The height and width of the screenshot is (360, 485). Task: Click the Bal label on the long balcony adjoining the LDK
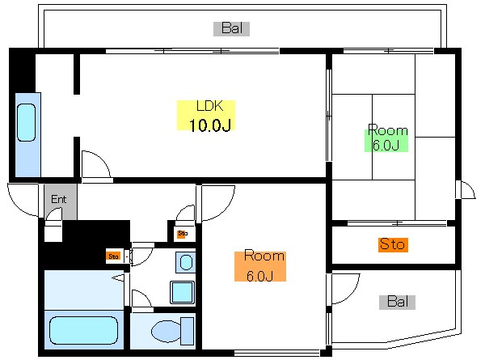tap(232, 28)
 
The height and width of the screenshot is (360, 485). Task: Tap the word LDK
tap(209, 106)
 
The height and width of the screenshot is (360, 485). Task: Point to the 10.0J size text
tap(209, 125)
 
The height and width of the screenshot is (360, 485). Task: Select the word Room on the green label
tap(388, 130)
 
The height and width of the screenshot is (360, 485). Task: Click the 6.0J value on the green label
tap(386, 145)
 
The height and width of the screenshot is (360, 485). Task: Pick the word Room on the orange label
tap(264, 256)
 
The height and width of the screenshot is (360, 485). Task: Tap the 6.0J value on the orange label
tap(259, 276)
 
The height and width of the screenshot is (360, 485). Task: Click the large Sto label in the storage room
tap(392, 244)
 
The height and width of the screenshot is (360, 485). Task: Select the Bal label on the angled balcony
tap(398, 302)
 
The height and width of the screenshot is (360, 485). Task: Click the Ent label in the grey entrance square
tap(58, 199)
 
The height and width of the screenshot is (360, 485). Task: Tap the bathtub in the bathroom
tap(83, 331)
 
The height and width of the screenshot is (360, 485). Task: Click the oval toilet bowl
tap(166, 331)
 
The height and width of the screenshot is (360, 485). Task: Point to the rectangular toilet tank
tap(188, 331)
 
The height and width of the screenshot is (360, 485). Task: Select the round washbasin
tap(186, 262)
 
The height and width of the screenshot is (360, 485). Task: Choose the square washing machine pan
tap(182, 293)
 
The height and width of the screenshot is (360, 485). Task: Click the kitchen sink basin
tap(27, 123)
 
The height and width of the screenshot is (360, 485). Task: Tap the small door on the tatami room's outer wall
tap(467, 190)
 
